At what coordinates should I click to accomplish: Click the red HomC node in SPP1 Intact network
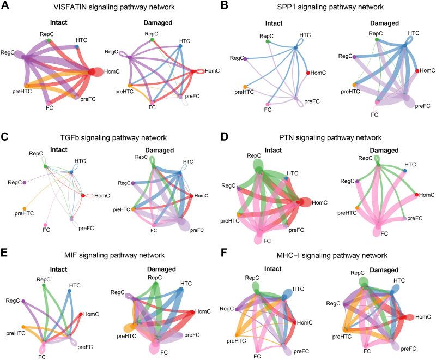tap(309, 73)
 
